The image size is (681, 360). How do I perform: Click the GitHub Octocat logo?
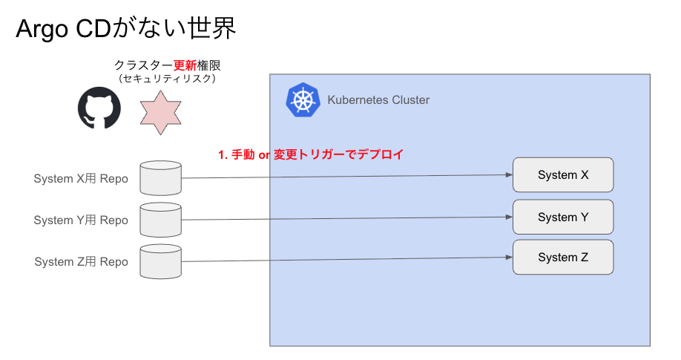click(x=99, y=108)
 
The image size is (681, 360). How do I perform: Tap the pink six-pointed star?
click(x=161, y=113)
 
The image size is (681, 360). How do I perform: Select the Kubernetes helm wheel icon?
click(x=303, y=100)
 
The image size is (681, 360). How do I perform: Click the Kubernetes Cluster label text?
click(x=378, y=100)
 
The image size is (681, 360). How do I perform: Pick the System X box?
click(x=563, y=174)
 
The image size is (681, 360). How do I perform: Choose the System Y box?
click(x=563, y=217)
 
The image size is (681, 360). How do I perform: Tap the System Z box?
click(x=563, y=257)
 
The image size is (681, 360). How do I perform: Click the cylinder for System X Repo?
click(x=161, y=178)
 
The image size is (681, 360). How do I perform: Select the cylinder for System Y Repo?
click(x=161, y=220)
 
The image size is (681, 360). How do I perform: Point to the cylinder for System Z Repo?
click(x=161, y=261)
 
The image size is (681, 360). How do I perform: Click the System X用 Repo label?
click(x=81, y=179)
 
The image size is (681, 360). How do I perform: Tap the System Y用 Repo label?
click(x=81, y=220)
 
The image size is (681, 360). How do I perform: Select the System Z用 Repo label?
click(x=81, y=262)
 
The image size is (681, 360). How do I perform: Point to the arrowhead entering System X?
click(x=510, y=174)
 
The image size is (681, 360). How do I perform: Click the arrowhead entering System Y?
click(x=510, y=217)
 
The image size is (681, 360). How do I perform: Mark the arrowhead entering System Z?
click(x=510, y=257)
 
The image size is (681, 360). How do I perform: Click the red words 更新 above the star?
click(x=185, y=65)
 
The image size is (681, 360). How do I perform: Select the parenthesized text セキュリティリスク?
click(x=167, y=79)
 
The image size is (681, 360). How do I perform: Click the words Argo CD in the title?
click(x=64, y=29)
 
